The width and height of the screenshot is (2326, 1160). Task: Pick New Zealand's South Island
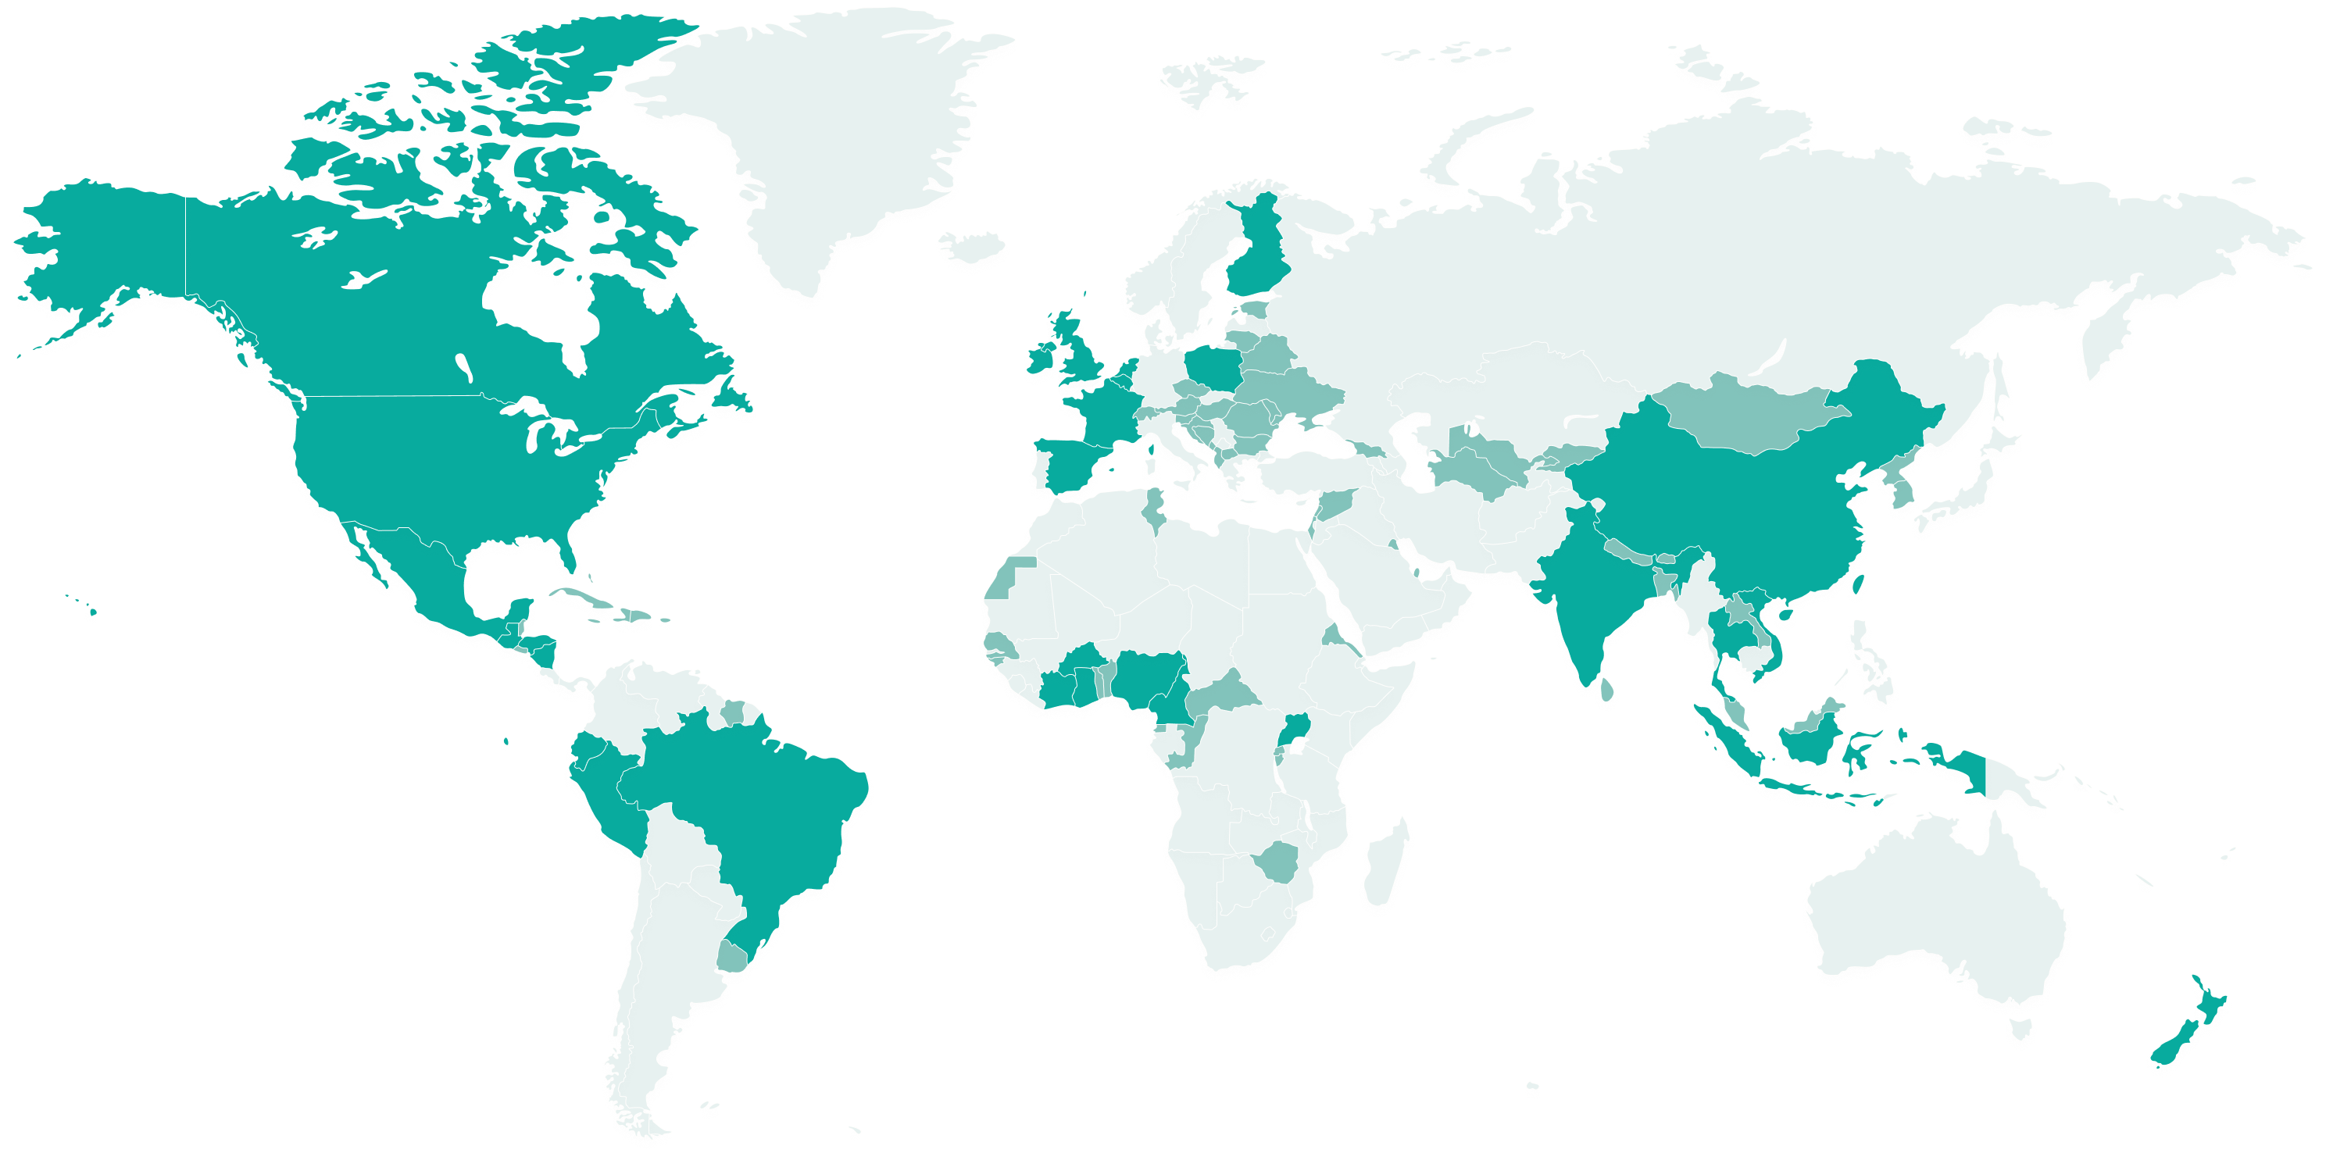click(2176, 1051)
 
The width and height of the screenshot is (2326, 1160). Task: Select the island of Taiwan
click(1858, 588)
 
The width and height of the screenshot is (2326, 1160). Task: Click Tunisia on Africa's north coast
click(1153, 510)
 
